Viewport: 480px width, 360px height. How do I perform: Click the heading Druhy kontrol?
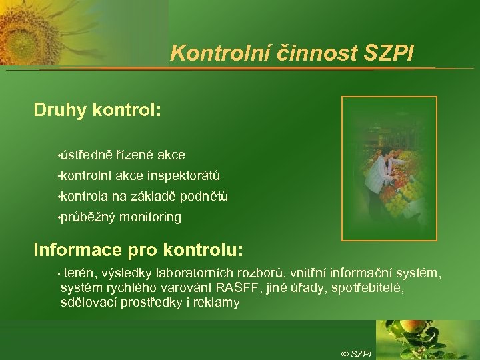[97, 110]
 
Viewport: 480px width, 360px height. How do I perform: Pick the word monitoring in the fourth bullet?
[151, 217]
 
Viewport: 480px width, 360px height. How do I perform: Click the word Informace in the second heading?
[77, 250]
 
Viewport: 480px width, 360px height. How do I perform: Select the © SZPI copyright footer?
[356, 353]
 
